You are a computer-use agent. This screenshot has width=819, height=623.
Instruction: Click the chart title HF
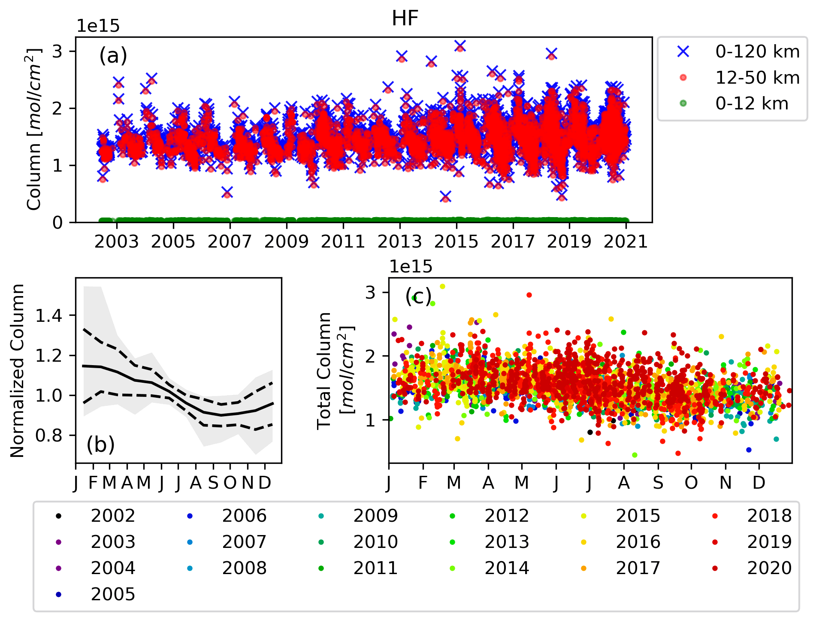(x=405, y=18)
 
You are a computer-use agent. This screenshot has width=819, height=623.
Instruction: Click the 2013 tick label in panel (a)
(x=399, y=242)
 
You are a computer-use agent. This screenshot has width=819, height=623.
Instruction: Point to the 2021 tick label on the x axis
(x=626, y=242)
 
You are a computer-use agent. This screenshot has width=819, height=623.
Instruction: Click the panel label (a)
(x=113, y=55)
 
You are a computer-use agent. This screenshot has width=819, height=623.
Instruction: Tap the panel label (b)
(x=100, y=445)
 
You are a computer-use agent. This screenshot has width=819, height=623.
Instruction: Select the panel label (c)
(x=418, y=296)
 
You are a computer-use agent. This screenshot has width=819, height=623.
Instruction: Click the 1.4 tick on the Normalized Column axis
(x=49, y=316)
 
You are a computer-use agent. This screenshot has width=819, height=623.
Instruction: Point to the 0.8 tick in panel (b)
(x=49, y=435)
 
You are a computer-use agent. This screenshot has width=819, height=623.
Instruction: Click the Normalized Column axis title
(x=18, y=371)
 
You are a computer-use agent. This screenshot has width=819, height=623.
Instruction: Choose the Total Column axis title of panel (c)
(x=335, y=371)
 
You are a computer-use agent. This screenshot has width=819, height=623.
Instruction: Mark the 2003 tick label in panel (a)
(x=117, y=242)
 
